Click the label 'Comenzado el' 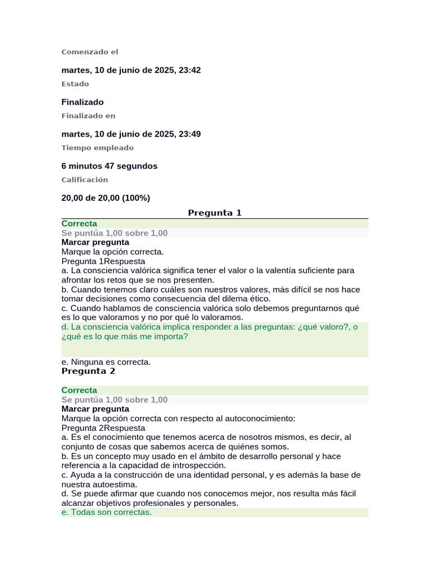coord(90,52)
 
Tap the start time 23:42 coord(190,70)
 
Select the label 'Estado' coord(75,84)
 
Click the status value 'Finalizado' coord(82,102)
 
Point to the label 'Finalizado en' coord(88,116)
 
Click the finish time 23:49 coord(190,134)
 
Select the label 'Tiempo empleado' coord(97,148)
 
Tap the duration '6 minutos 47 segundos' coord(109,166)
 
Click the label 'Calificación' coord(85,180)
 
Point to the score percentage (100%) coord(136,198)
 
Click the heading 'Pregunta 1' coord(214,213)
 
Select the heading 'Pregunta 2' coord(88,371)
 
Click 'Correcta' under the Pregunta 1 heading coord(79,223)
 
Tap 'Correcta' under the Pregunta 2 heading coord(79,390)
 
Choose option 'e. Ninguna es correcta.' coord(106,362)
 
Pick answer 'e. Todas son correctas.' coord(106,513)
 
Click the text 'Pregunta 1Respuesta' coord(103,261)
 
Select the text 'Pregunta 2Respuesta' coord(103,428)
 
